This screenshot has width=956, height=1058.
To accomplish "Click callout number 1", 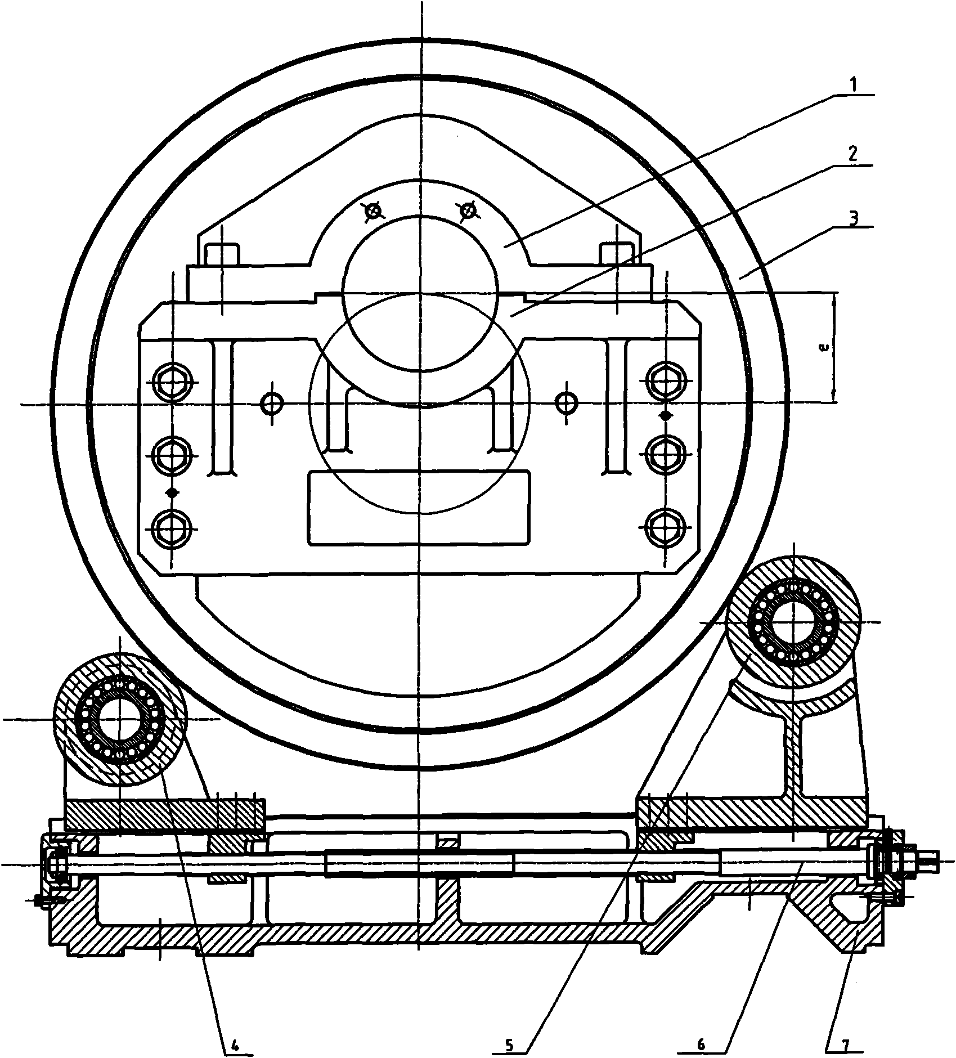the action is coord(853,87).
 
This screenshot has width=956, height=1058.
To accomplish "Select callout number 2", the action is coord(854,154).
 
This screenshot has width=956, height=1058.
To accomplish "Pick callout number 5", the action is coord(509,1044).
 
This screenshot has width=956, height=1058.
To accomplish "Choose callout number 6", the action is coord(700,1044).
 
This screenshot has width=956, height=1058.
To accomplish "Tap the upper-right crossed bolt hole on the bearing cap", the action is coord(468,211).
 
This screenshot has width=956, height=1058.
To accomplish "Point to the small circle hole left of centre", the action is coord(273,402).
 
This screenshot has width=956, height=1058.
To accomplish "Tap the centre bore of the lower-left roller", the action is coord(120,719).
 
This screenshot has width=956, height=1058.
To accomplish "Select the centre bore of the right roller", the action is coord(794,622).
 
